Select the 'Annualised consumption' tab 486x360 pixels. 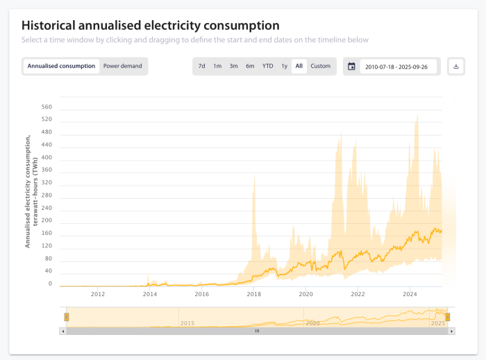coord(61,66)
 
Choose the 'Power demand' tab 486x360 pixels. coord(123,66)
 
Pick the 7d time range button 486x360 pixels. coord(201,66)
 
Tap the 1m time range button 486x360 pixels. coord(217,66)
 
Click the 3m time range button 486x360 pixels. coord(234,66)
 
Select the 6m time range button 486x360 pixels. coord(250,66)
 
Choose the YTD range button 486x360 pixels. coord(267,66)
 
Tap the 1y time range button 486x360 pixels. coord(284,66)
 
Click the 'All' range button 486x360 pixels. coord(299,66)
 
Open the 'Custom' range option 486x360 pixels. coord(321,66)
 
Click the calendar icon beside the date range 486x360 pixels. coord(351,67)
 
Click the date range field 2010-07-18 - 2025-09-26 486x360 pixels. coord(399,67)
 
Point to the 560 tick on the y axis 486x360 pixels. coord(47,107)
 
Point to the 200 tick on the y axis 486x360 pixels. coord(47,221)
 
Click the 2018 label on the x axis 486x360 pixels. coord(253,295)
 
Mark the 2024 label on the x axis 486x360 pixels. coord(409,295)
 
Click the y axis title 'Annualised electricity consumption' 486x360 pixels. coord(28,191)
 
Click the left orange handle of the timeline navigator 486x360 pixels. coord(67,317)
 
